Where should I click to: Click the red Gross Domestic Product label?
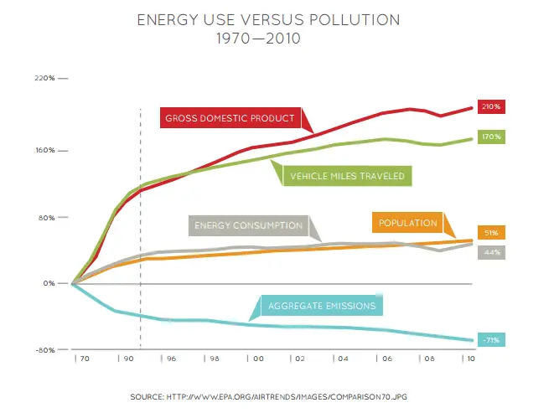point(230,118)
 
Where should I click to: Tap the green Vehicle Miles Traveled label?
point(346,176)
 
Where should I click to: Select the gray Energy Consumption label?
point(248,225)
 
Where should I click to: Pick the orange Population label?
point(408,223)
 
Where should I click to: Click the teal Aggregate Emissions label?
point(322,306)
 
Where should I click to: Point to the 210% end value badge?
point(491,106)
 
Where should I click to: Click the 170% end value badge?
point(491,136)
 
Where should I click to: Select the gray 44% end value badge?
point(491,251)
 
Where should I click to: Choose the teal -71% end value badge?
point(491,339)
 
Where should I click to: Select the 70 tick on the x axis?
point(82,358)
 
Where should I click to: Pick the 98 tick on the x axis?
point(213,358)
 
